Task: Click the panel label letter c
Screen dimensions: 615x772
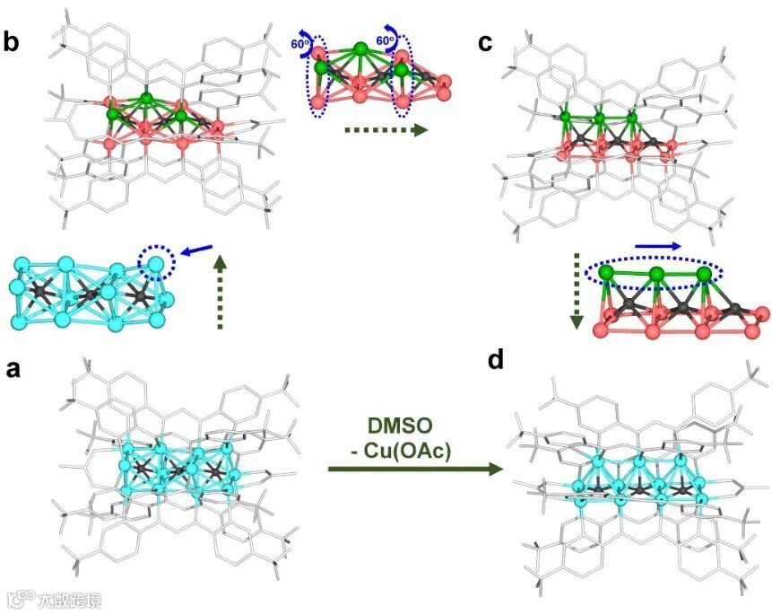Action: (485, 42)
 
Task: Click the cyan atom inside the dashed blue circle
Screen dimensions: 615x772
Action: (156, 265)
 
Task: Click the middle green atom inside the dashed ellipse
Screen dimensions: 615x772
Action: (656, 274)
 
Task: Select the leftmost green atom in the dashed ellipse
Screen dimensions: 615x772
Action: (606, 271)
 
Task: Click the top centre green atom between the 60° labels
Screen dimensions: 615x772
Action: (360, 48)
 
